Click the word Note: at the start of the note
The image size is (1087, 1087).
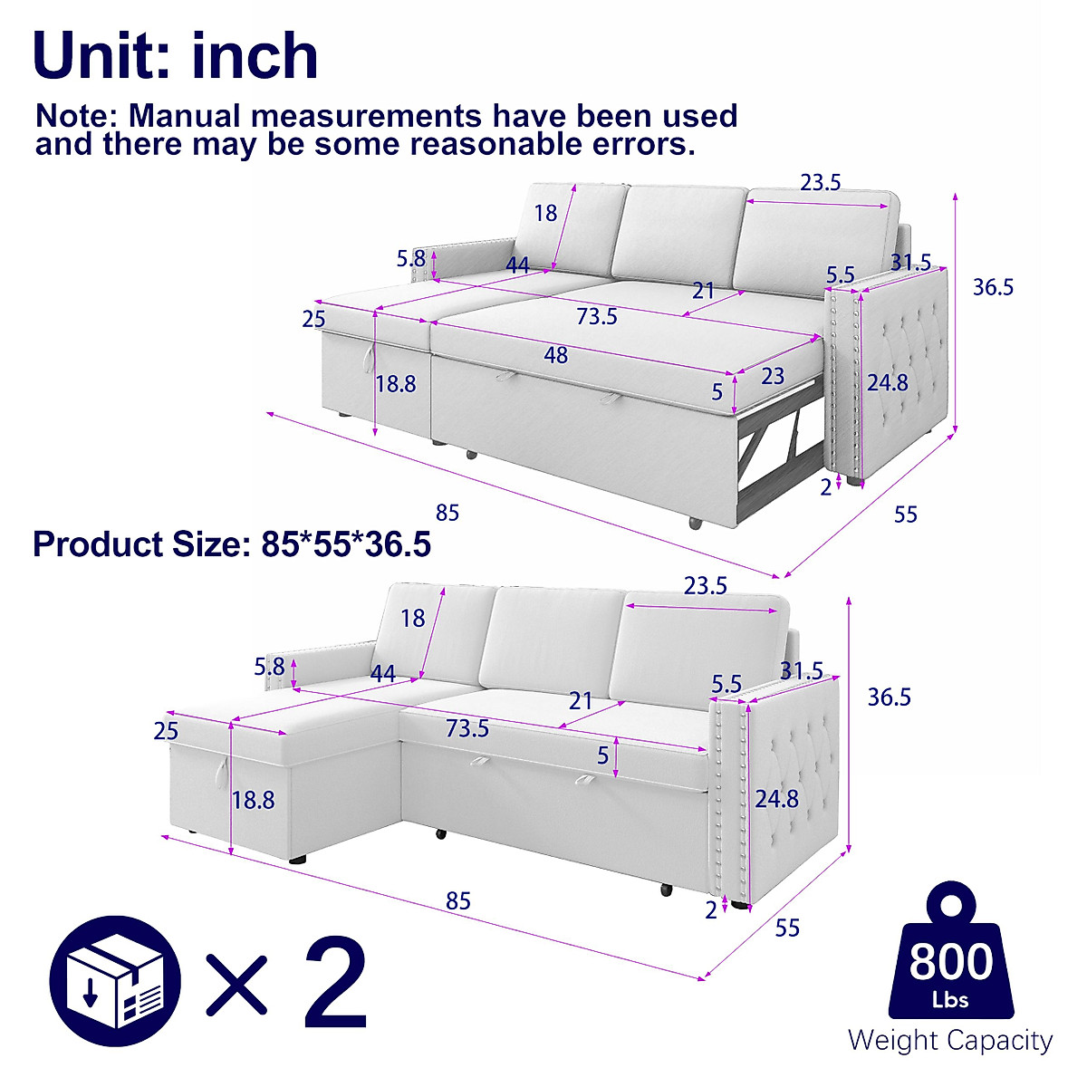click(x=76, y=116)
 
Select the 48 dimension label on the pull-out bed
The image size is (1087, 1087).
click(x=555, y=355)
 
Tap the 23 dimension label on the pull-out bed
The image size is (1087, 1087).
click(x=772, y=375)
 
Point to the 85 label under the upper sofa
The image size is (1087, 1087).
click(x=447, y=513)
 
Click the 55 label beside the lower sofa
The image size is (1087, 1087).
click(x=787, y=928)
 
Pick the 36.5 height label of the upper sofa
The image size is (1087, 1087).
click(x=993, y=287)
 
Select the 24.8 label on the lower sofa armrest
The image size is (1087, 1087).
click(x=777, y=798)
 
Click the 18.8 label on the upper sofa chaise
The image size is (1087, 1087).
click(x=396, y=384)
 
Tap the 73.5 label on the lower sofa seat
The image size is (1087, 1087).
click(x=467, y=728)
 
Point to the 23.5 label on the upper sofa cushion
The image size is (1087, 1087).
click(x=820, y=182)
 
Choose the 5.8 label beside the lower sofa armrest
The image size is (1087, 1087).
click(x=269, y=668)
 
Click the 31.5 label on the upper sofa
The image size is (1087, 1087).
click(x=910, y=263)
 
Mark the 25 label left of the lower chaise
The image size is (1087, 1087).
click(x=166, y=731)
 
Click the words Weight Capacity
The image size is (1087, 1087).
click(x=950, y=1041)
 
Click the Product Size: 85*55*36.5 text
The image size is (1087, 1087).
click(x=231, y=544)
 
